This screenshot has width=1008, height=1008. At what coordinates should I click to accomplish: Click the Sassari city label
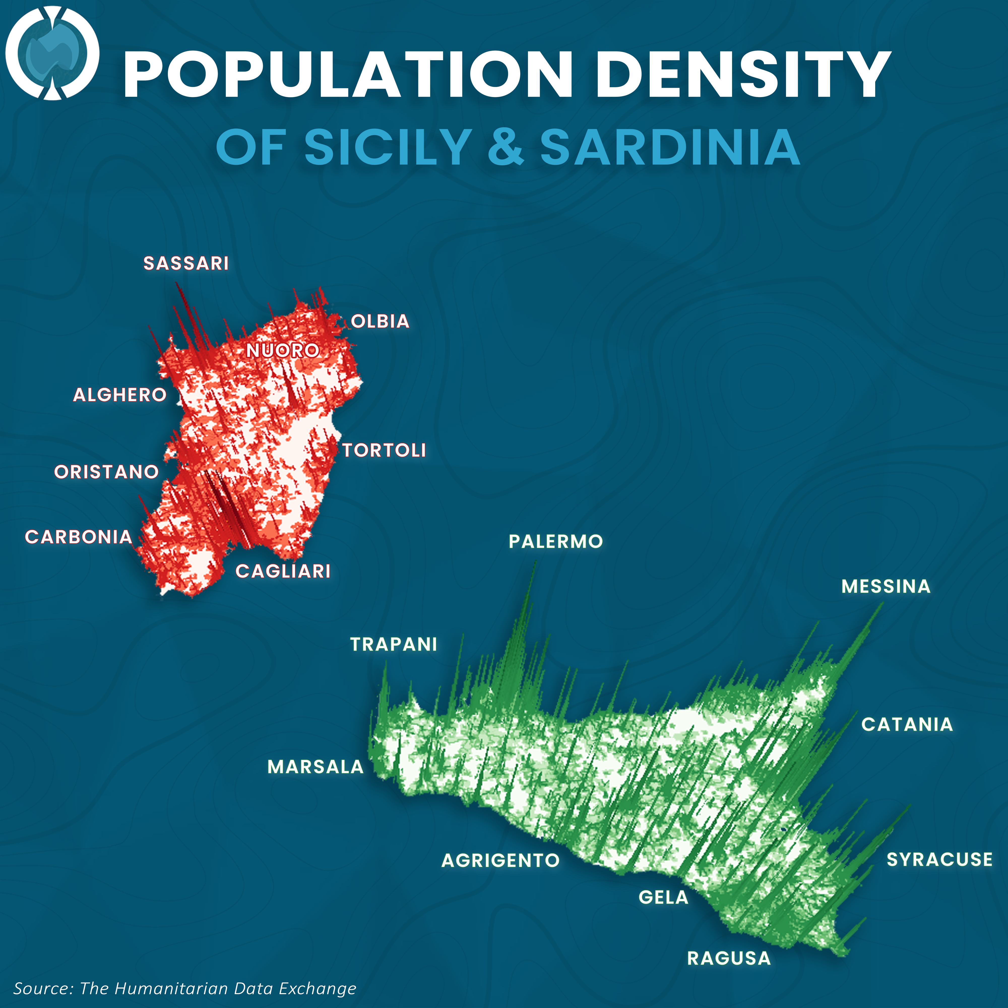[x=186, y=264]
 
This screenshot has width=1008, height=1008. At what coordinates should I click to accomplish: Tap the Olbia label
[x=380, y=321]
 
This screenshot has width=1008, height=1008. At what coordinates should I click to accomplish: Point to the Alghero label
[x=120, y=395]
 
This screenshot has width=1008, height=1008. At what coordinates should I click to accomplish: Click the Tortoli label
[x=384, y=450]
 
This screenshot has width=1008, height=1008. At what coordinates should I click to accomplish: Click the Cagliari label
[x=283, y=571]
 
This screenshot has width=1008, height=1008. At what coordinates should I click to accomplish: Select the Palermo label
[x=556, y=542]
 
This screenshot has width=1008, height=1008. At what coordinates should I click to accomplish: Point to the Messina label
[x=886, y=586]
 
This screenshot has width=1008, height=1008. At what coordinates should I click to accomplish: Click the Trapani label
[x=393, y=644]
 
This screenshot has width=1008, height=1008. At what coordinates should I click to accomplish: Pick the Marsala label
[x=315, y=767]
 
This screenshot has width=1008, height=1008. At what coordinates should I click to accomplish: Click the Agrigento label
[x=500, y=860]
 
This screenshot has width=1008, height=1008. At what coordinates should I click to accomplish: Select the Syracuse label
[x=939, y=859]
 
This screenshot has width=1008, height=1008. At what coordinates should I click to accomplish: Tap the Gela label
[x=663, y=897]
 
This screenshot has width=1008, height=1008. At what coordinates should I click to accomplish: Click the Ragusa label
[x=729, y=958]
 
